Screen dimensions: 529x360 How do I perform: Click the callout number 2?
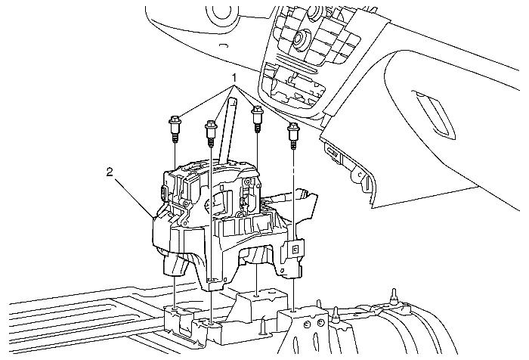(x=110, y=172)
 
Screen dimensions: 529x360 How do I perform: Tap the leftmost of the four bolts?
(x=175, y=129)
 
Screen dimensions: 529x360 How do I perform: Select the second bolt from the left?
(x=211, y=134)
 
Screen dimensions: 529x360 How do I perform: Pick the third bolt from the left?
(x=258, y=119)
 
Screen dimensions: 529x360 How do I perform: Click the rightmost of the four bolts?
(x=293, y=135)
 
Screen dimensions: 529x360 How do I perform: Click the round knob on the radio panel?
(x=299, y=38)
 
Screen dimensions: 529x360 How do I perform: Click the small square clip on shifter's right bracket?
(x=295, y=250)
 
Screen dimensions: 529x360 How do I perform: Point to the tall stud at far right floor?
(x=393, y=297)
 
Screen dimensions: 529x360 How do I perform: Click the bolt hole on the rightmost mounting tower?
(x=293, y=310)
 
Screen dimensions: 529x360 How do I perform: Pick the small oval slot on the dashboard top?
(x=224, y=45)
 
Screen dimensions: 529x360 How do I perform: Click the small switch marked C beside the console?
(x=360, y=175)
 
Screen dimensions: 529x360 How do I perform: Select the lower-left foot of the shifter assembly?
(x=176, y=265)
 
